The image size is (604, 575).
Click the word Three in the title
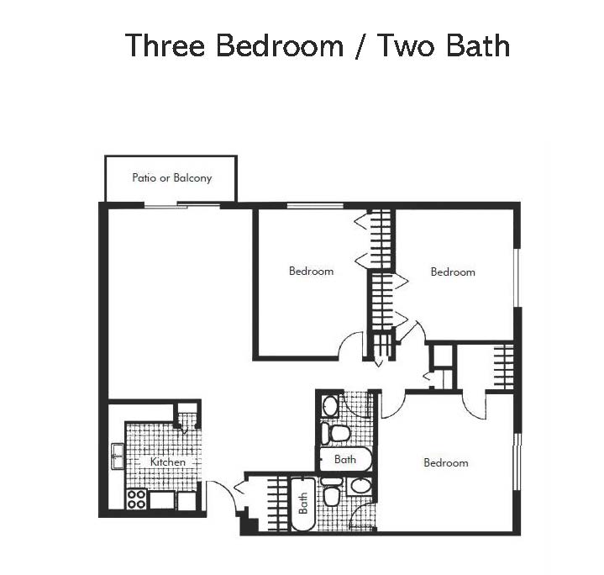(x=165, y=45)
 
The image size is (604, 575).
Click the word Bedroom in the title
(x=279, y=45)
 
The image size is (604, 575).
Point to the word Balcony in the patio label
(x=192, y=178)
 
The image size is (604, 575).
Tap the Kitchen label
(x=167, y=462)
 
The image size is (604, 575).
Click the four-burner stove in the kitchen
(x=137, y=499)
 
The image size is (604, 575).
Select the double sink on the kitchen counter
(x=117, y=456)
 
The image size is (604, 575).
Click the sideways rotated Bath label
(x=303, y=504)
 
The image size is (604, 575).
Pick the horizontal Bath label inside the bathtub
(x=344, y=459)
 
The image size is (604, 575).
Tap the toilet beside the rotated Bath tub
(x=331, y=492)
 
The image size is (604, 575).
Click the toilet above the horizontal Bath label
(x=334, y=433)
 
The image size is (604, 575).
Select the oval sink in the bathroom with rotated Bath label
(x=360, y=487)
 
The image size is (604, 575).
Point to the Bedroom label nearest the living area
(x=312, y=271)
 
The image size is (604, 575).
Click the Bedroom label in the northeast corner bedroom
(x=453, y=272)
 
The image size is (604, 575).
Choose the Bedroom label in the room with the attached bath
(x=446, y=462)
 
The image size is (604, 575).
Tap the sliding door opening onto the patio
(x=181, y=206)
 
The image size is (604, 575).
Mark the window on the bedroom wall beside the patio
(x=315, y=205)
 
